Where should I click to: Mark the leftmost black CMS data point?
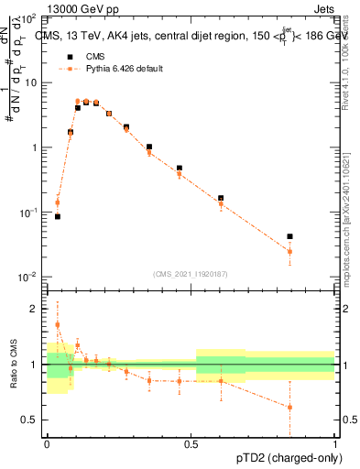(x=57, y=216)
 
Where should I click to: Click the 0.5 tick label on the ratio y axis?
(x=30, y=420)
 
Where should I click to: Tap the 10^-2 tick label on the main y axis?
(x=28, y=277)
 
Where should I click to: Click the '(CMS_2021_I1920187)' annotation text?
(x=191, y=273)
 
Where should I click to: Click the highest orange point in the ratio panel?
(x=57, y=324)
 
